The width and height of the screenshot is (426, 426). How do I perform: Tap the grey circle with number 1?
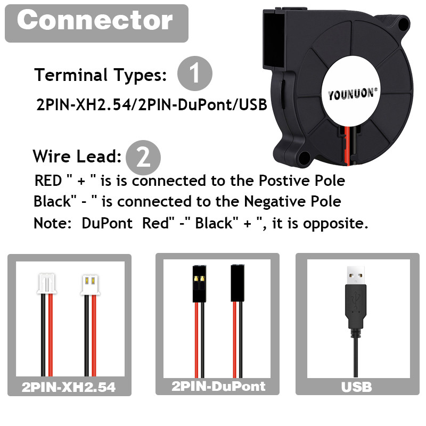(x=194, y=73)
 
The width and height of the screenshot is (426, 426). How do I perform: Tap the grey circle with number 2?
(x=143, y=157)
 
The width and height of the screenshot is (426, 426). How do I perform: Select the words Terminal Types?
(x=100, y=75)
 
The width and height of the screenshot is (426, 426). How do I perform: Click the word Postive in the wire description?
(x=284, y=181)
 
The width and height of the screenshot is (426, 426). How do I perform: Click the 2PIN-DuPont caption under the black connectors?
(x=218, y=386)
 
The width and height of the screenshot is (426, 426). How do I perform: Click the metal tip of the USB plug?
(x=355, y=274)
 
